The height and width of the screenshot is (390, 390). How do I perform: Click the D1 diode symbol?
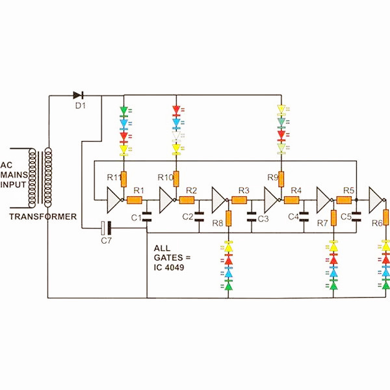(x=79, y=96)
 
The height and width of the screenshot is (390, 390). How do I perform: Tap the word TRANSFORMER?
(x=43, y=216)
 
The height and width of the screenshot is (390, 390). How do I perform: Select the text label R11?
(x=113, y=177)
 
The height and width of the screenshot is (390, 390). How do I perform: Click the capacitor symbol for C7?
(x=106, y=228)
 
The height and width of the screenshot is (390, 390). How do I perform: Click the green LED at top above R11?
(x=124, y=110)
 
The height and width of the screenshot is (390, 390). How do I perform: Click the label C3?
(x=263, y=219)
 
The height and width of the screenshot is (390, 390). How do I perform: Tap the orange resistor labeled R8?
(x=229, y=218)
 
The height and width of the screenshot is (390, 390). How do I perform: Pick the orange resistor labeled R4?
(x=296, y=199)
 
